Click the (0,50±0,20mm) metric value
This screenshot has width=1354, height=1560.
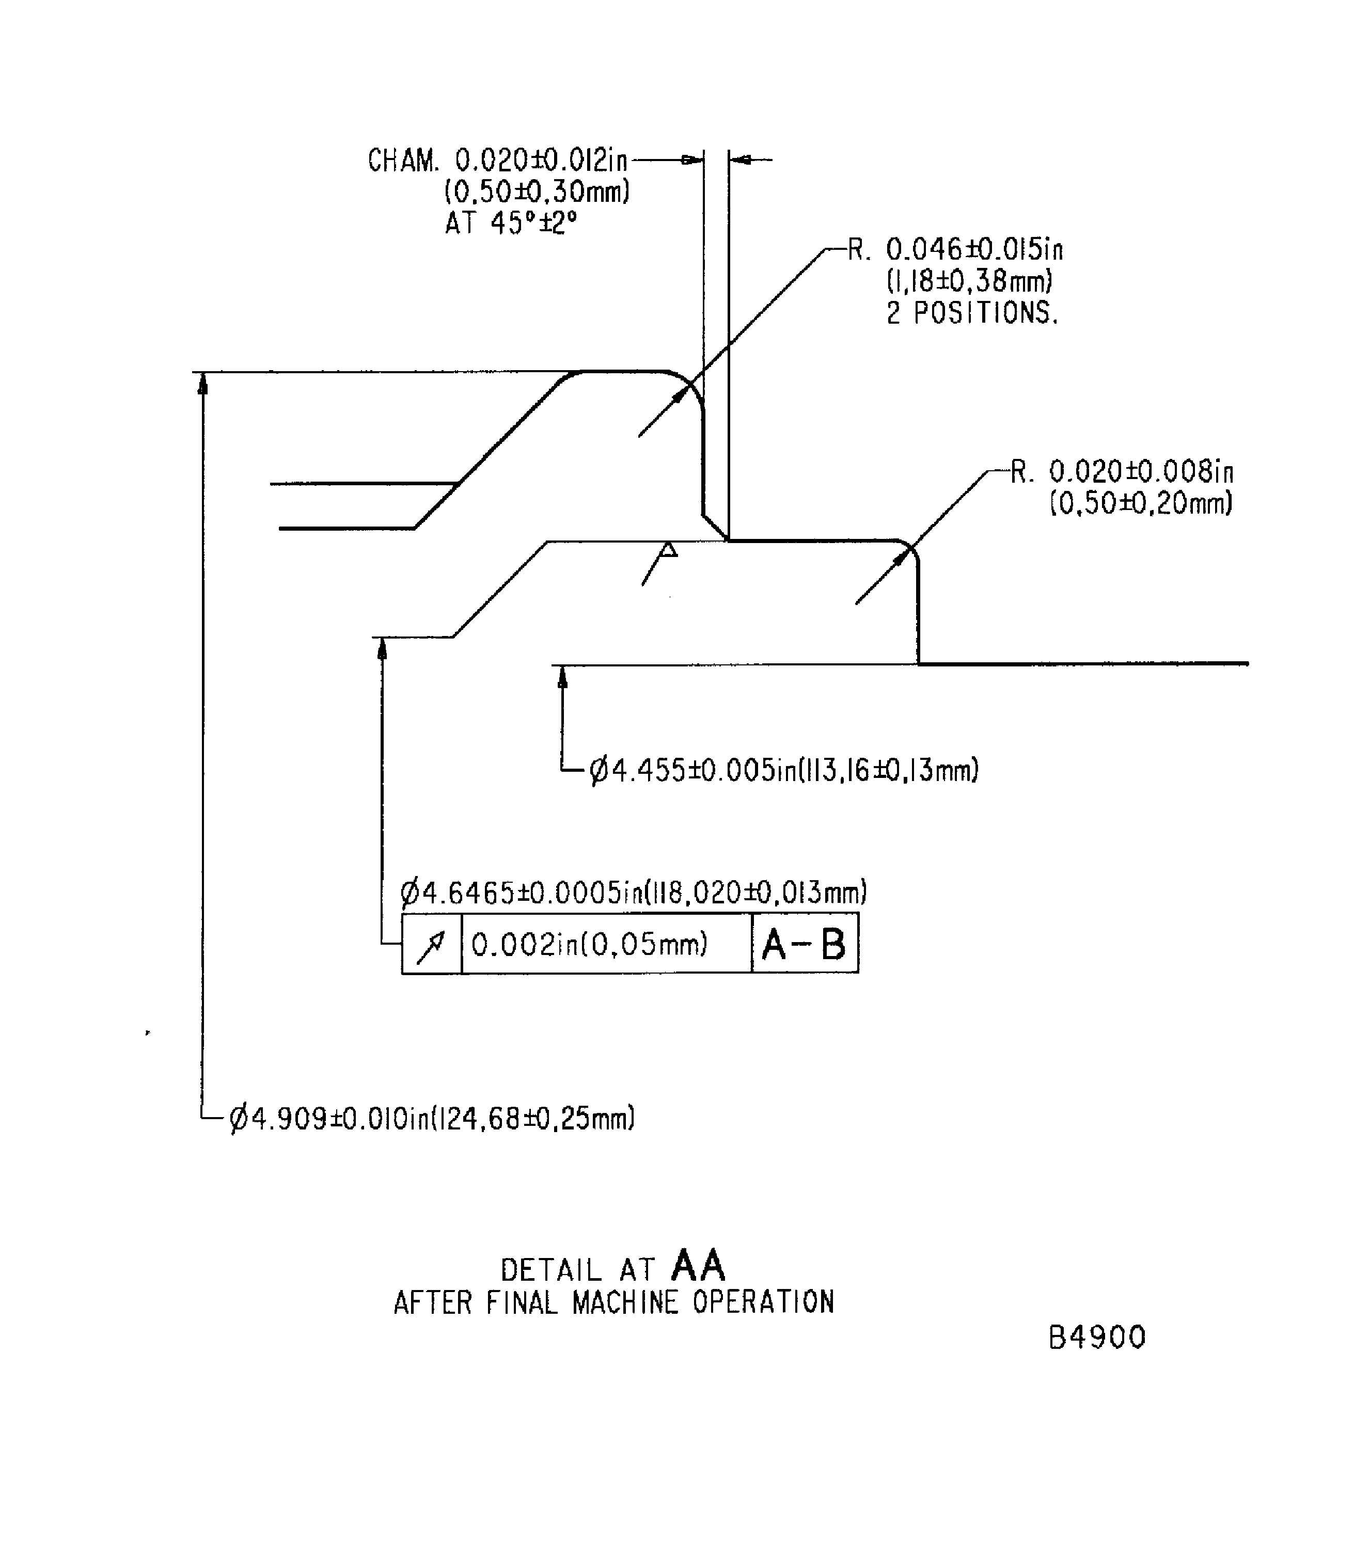pyautogui.click(x=1141, y=503)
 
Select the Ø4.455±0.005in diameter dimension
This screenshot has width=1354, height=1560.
pyautogui.click(x=783, y=771)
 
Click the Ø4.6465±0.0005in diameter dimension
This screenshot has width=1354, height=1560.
pyautogui.click(x=633, y=893)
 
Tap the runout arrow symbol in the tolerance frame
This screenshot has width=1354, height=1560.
pyautogui.click(x=431, y=944)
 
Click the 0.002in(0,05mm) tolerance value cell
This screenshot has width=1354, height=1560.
pyautogui.click(x=589, y=944)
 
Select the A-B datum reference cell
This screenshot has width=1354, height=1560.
pyautogui.click(x=804, y=944)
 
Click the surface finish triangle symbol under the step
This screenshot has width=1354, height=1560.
pyautogui.click(x=668, y=549)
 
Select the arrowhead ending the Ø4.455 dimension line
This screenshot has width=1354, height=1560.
pyautogui.click(x=562, y=678)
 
